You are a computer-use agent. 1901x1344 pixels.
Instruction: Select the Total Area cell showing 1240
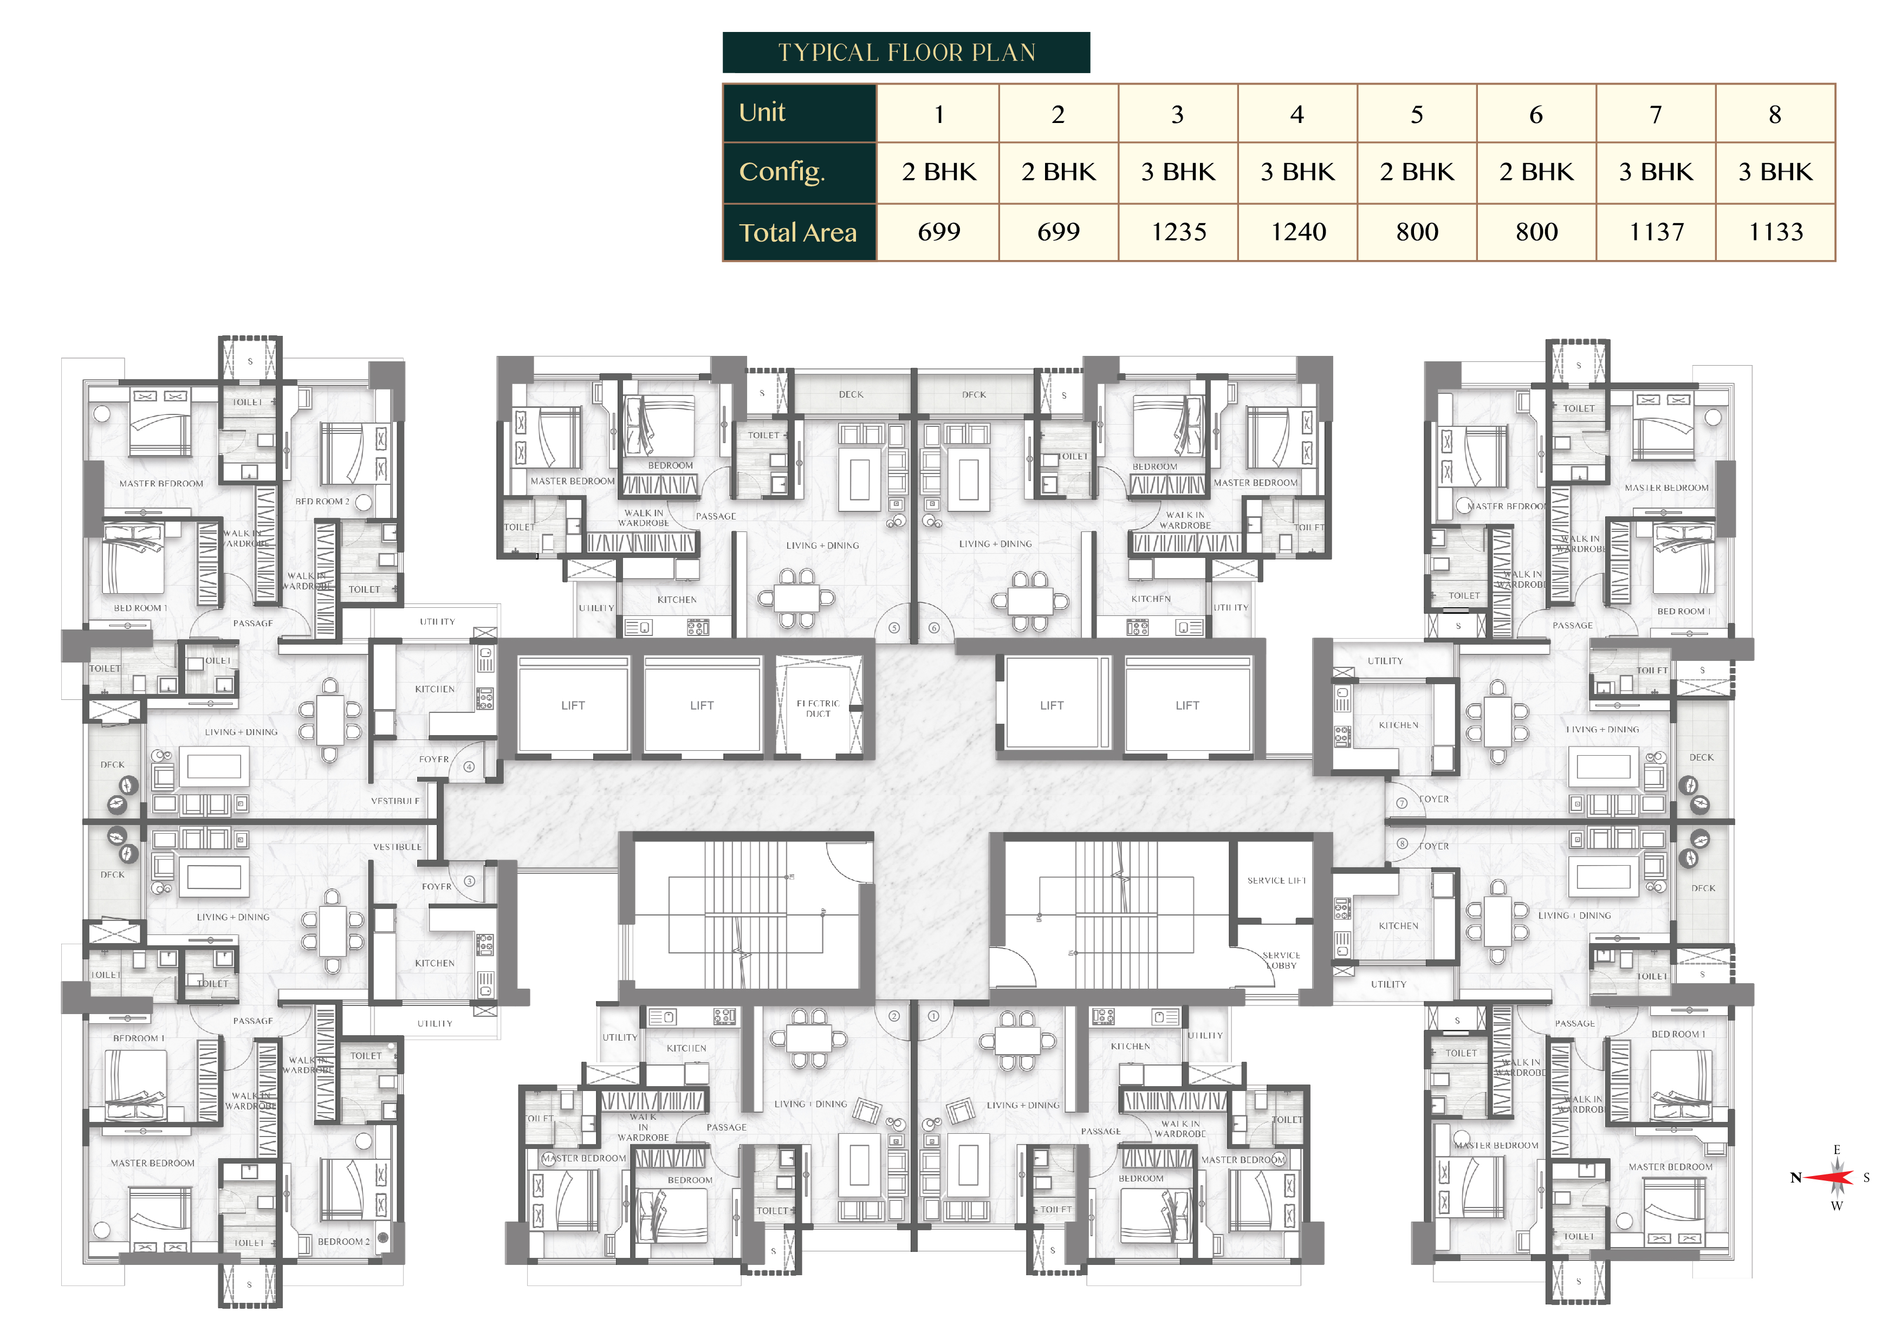coord(1297,232)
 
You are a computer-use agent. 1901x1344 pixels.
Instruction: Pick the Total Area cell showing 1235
coord(1178,232)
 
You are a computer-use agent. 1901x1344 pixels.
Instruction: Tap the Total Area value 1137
coord(1656,232)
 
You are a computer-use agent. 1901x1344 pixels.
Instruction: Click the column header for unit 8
coord(1774,114)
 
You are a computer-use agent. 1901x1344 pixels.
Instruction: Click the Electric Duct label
coord(818,708)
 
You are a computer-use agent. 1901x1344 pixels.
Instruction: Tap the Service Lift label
coord(1276,880)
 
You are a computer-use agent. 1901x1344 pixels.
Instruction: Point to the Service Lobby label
coord(1280,960)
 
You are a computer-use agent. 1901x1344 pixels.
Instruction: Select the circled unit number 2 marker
coord(894,1015)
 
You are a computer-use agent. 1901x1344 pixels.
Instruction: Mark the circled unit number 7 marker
coord(1402,802)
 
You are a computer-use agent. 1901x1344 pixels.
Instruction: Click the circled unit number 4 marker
coord(469,767)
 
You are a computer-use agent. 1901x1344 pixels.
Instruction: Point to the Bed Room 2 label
coord(322,501)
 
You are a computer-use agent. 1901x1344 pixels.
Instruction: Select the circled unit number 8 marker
coord(1402,844)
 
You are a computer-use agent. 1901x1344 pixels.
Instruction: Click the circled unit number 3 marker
coord(469,881)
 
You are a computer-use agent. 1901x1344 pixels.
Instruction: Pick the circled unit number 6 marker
coord(934,628)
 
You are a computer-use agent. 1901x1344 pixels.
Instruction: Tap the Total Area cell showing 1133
coord(1775,232)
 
